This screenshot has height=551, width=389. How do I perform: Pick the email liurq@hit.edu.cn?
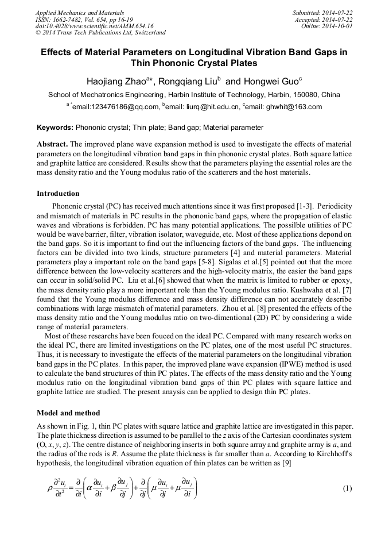[x=215, y=107]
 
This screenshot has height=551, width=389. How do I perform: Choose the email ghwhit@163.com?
[x=295, y=107]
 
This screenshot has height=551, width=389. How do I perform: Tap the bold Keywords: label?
[x=55, y=128]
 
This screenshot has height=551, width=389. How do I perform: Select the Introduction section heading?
[x=58, y=193]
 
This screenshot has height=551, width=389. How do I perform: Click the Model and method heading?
[x=68, y=413]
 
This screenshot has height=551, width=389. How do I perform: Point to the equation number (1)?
[x=347, y=488]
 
